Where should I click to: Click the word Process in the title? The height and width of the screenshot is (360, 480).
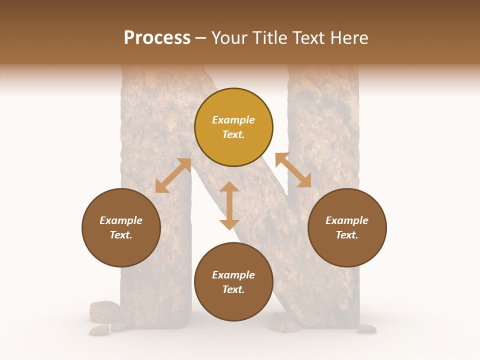pyautogui.click(x=157, y=38)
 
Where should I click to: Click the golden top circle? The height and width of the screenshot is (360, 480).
pyautogui.click(x=233, y=127)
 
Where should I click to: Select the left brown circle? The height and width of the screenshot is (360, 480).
pyautogui.click(x=121, y=228)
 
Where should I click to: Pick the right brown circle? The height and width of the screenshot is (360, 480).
pyautogui.click(x=347, y=228)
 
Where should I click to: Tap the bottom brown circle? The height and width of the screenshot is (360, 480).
pyautogui.click(x=233, y=281)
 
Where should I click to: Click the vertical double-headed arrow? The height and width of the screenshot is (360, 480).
pyautogui.click(x=229, y=205)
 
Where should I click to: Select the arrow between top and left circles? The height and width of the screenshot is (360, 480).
pyautogui.click(x=173, y=175)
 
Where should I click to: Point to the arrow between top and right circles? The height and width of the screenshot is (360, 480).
pyautogui.click(x=293, y=170)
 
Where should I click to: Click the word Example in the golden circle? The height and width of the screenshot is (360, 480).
pyautogui.click(x=233, y=120)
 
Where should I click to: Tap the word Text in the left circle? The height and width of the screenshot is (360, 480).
pyautogui.click(x=121, y=235)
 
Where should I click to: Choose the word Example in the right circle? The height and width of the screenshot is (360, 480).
pyautogui.click(x=347, y=220)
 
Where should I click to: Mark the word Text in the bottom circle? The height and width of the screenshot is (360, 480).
pyautogui.click(x=233, y=289)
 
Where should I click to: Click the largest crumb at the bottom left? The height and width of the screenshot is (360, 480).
pyautogui.click(x=104, y=310)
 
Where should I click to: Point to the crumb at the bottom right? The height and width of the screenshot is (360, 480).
pyautogui.click(x=367, y=328)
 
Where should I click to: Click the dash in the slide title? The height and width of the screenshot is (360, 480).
pyautogui.click(x=200, y=38)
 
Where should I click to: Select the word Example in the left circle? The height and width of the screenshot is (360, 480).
pyautogui.click(x=121, y=220)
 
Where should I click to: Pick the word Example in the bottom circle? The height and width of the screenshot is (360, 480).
pyautogui.click(x=233, y=275)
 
